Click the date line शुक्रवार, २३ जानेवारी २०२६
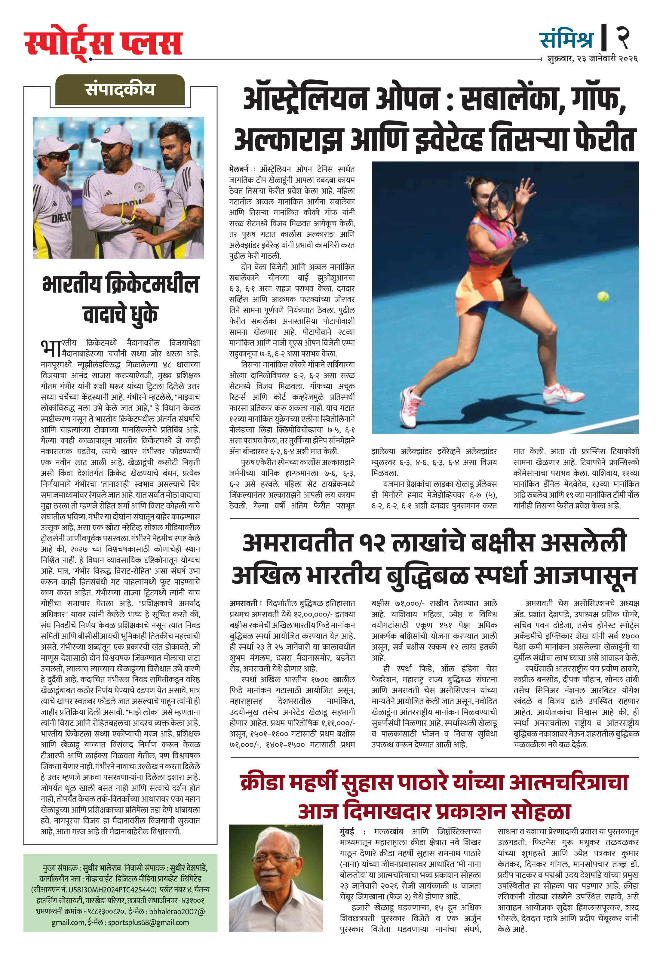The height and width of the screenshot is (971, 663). [592, 59]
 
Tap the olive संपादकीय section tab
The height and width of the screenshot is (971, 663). [120, 89]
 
